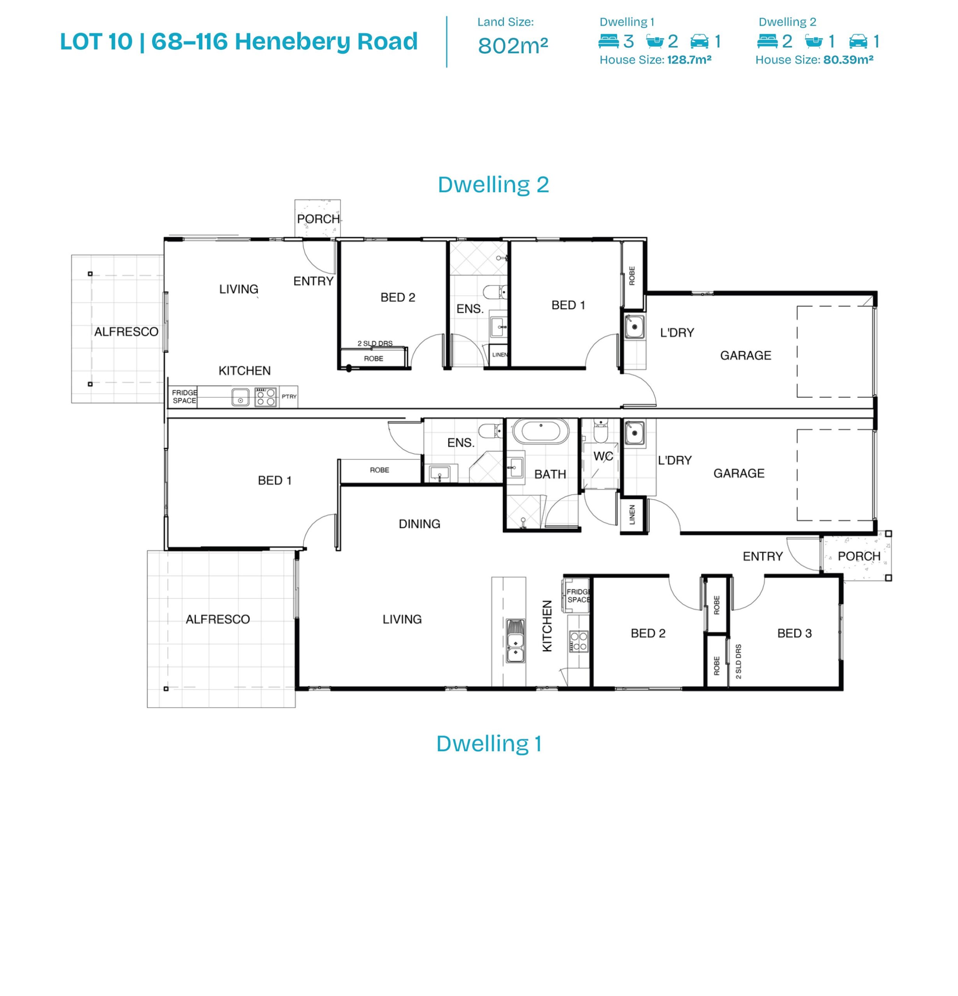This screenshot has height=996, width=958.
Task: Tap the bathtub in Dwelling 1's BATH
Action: [540, 431]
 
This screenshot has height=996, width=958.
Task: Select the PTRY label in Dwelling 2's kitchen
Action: [289, 396]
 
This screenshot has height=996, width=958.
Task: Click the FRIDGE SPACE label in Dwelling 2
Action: [184, 396]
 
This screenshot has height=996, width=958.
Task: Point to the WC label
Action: [603, 456]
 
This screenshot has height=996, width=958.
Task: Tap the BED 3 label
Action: [794, 633]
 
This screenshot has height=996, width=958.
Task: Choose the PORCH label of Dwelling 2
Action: [318, 219]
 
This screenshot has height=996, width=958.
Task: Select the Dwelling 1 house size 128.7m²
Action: [689, 60]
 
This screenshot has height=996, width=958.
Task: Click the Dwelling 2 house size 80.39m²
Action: [848, 60]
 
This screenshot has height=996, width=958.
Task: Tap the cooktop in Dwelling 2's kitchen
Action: [265, 397]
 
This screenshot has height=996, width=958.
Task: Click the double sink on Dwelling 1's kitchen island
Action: [515, 641]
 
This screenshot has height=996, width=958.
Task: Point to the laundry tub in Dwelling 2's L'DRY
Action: [634, 327]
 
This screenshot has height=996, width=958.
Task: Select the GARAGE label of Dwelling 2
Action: [746, 356]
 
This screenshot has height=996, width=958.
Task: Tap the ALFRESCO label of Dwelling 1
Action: [218, 619]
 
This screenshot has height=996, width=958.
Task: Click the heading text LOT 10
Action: [97, 42]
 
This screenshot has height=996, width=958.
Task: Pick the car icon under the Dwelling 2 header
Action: [858, 41]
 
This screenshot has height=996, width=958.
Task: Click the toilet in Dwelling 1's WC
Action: [600, 432]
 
